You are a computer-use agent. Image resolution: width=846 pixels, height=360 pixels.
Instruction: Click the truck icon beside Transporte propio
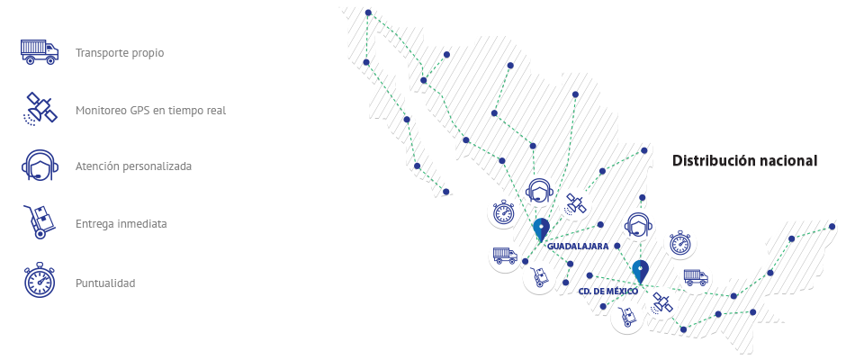[40, 52]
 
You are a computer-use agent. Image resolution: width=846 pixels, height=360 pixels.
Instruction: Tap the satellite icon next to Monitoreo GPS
[40, 109]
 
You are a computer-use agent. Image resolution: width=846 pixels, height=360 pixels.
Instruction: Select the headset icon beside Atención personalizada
[40, 166]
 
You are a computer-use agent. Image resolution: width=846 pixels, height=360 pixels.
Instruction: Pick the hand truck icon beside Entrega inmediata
[40, 221]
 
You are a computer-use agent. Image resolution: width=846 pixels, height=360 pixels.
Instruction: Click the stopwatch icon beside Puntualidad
[40, 280]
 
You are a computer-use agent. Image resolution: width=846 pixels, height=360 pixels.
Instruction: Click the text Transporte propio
[120, 53]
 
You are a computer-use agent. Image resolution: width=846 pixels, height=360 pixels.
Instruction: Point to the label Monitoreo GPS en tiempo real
[150, 110]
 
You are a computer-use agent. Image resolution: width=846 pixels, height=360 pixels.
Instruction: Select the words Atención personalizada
[133, 166]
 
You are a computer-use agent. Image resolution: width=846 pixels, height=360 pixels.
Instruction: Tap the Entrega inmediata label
[121, 223]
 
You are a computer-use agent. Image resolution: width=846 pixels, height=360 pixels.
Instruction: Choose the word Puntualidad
[105, 283]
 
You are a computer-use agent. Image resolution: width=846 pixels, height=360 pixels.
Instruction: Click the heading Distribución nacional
[744, 160]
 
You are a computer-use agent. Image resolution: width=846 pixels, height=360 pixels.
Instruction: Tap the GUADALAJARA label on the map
[578, 246]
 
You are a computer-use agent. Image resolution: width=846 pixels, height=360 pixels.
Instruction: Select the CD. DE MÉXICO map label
[607, 292]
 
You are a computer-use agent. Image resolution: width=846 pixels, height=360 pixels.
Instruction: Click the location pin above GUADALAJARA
[541, 229]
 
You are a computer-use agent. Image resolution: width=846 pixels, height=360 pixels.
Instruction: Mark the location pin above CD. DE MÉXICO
[641, 272]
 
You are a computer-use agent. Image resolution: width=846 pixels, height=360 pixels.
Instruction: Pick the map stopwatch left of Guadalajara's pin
[504, 212]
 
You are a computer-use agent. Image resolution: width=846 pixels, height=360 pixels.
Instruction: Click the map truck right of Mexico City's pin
[696, 278]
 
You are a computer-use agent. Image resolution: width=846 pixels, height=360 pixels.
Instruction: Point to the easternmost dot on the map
[832, 227]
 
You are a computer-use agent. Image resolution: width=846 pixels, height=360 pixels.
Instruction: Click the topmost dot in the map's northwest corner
[368, 13]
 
